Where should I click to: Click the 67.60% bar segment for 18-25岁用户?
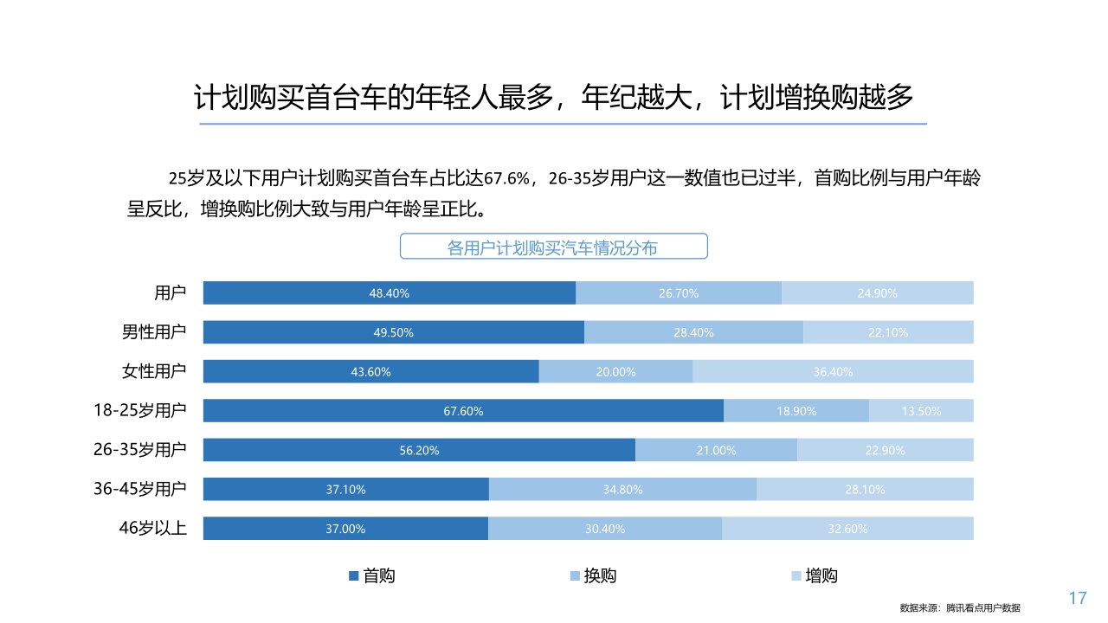tap(463, 411)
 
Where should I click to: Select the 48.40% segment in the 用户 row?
tap(389, 293)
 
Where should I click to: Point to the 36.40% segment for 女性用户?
tap(833, 372)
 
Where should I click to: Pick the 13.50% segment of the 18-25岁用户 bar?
tap(921, 411)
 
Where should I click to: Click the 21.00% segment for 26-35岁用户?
tap(716, 450)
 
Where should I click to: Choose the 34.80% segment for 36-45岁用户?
tap(622, 490)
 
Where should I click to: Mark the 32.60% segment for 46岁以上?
tap(847, 529)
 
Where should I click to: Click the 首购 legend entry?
tap(371, 576)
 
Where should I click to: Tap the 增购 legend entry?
tap(814, 576)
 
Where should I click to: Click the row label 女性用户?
tap(154, 372)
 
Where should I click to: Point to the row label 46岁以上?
tap(153, 528)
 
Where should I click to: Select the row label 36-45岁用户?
tap(140, 489)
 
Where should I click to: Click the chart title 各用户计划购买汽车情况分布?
tap(553, 247)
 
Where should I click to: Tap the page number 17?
tap(1078, 598)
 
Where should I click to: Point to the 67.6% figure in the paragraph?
tap(506, 179)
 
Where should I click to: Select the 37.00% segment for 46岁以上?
tap(345, 529)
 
